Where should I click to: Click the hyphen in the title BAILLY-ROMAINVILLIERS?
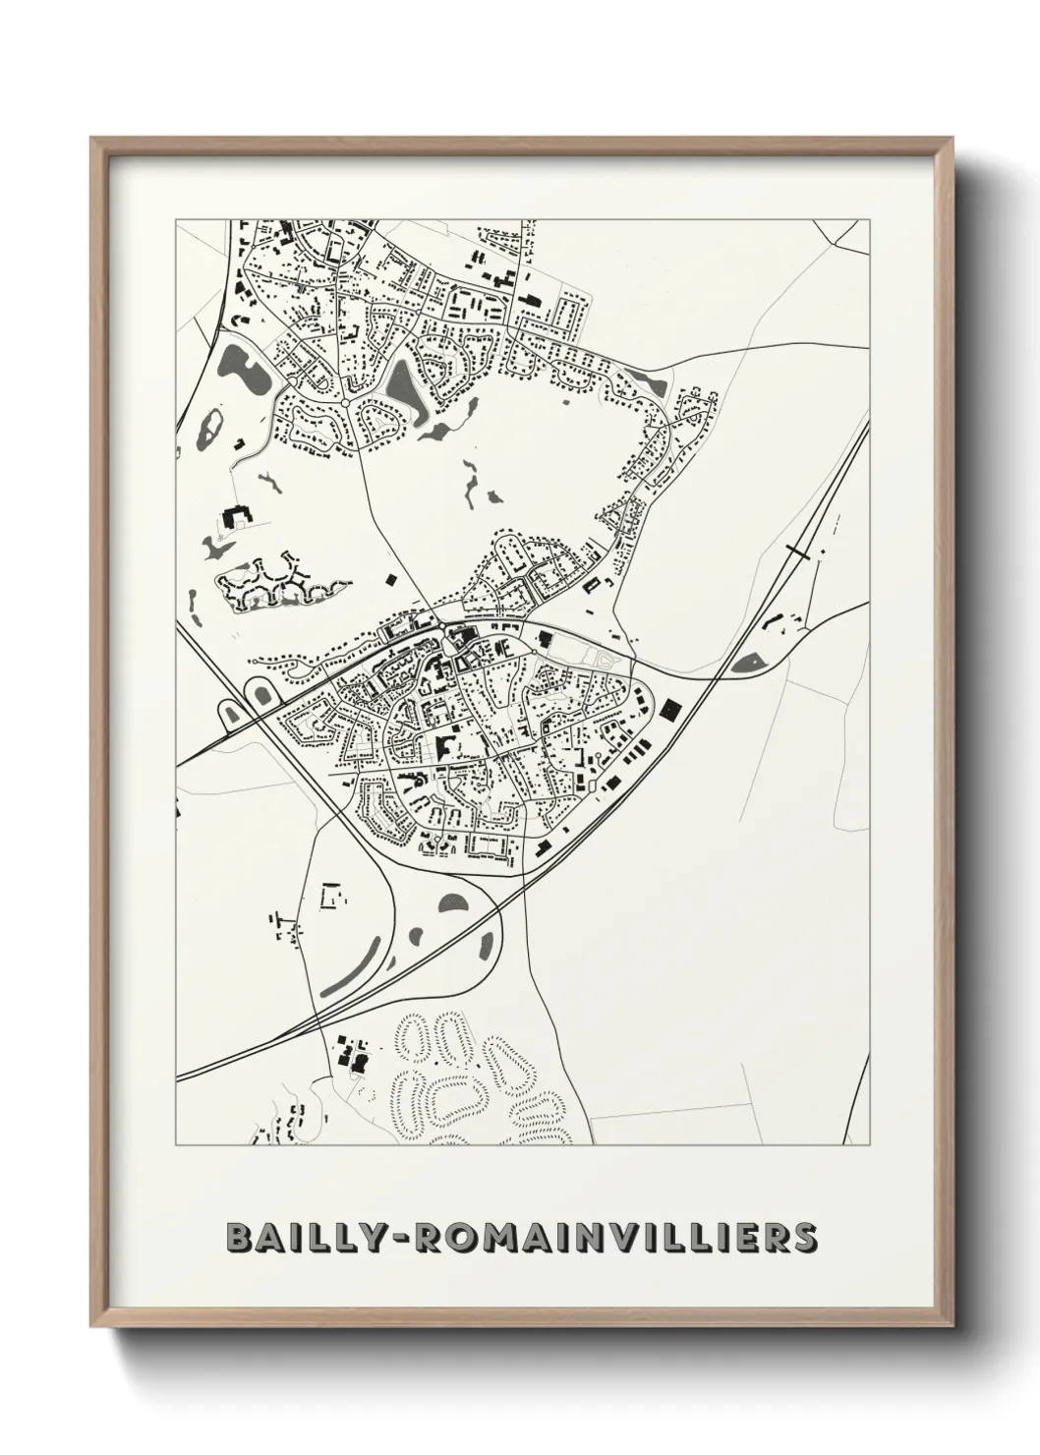click(x=402, y=1239)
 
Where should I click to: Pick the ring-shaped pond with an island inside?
click(x=209, y=428)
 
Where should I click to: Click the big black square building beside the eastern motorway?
click(x=672, y=708)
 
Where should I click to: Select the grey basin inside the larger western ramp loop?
click(x=262, y=694)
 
